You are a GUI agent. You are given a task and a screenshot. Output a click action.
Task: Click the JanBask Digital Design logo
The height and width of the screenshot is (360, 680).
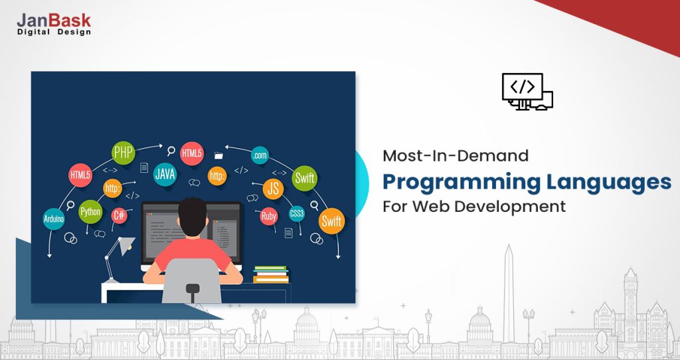(x=54, y=25)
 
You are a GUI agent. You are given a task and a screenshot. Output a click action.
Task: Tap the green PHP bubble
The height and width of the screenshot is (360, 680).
(x=123, y=153)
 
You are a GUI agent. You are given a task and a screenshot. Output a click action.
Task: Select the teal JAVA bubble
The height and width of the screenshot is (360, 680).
(x=165, y=175)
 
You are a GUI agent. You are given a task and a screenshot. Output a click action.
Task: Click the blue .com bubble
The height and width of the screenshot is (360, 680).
(x=260, y=155)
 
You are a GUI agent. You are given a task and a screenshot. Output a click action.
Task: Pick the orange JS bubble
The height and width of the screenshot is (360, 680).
(x=273, y=189)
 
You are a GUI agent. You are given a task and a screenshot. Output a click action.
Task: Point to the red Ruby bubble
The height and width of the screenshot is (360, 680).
(x=269, y=216)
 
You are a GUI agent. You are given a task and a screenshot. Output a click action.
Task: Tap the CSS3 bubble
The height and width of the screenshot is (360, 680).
(x=297, y=214)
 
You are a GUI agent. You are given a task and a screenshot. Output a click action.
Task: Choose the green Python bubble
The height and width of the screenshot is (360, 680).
(x=90, y=212)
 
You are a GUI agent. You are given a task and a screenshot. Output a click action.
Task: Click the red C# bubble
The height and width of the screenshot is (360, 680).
(x=119, y=215)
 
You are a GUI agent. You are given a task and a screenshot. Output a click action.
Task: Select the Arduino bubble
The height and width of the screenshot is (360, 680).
(x=54, y=219)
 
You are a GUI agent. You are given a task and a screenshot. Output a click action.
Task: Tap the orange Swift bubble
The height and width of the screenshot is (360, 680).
(x=331, y=221)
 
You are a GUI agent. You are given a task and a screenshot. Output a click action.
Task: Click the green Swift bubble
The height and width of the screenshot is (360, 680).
(x=304, y=178)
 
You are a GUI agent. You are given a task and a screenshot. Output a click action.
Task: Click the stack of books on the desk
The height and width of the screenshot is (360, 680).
(x=271, y=274)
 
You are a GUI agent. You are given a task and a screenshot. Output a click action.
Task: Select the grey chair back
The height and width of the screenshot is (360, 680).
(x=191, y=280)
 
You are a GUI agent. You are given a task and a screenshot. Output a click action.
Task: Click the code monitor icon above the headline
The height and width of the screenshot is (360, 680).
(x=527, y=92)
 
